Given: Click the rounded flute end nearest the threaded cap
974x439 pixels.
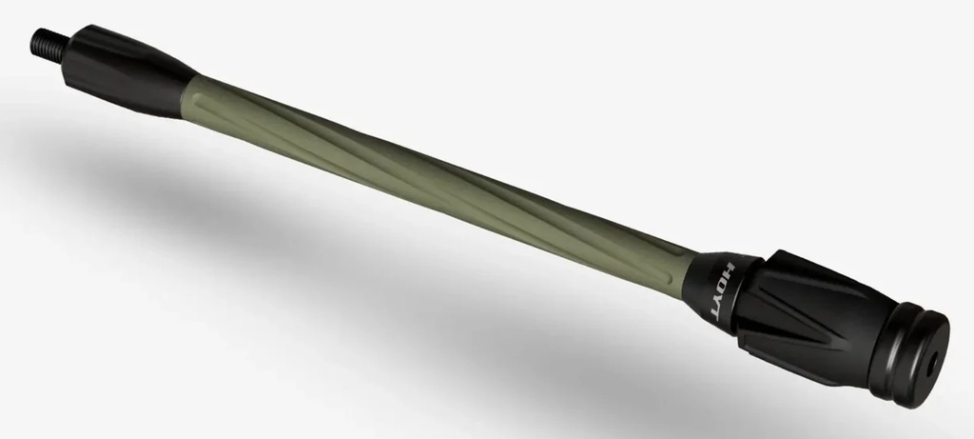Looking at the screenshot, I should (x=202, y=95).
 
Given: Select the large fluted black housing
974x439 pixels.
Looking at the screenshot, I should (x=818, y=314).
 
